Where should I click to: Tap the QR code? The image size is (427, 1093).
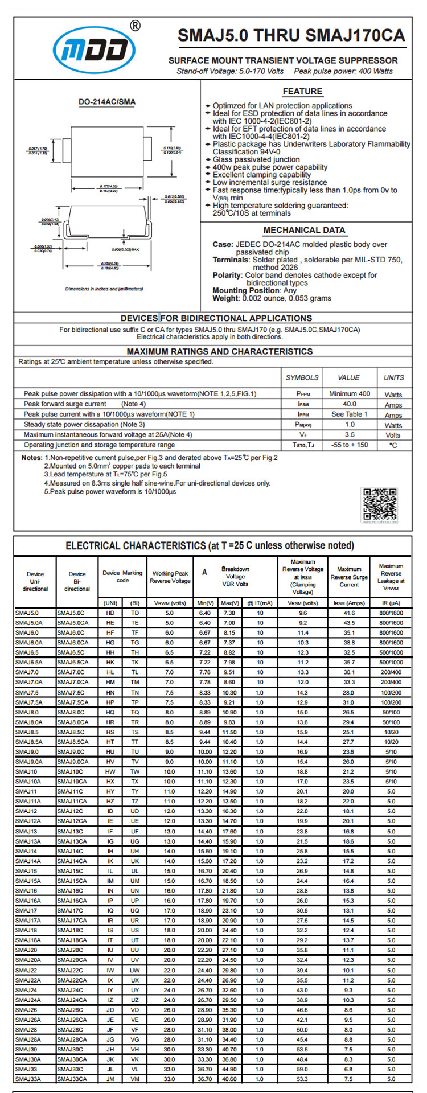tap(380, 504)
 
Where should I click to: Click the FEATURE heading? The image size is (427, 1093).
tap(302, 91)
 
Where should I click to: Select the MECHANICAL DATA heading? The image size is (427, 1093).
tap(304, 230)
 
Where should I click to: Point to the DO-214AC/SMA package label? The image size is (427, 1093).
tap(107, 102)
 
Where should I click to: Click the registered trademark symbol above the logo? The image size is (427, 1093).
tap(135, 26)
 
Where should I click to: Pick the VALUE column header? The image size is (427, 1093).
tap(348, 377)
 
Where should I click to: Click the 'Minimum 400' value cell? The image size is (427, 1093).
tap(349, 393)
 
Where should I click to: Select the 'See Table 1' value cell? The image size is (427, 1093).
tap(349, 414)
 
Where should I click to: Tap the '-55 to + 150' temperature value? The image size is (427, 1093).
tap(349, 445)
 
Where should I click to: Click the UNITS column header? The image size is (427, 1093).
tap(393, 377)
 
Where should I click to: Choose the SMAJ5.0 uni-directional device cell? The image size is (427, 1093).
tap(27, 613)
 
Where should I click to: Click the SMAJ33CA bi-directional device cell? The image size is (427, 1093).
tap(72, 1079)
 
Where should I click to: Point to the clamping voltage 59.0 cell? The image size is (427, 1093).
tap(302, 1069)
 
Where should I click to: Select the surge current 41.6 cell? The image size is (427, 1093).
tap(348, 613)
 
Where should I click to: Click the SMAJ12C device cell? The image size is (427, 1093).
tap(70, 811)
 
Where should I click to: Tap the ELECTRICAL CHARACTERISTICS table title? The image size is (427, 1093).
tap(210, 545)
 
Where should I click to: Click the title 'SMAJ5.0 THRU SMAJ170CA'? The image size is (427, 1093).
tap(291, 36)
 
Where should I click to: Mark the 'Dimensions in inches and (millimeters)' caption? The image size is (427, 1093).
tap(104, 289)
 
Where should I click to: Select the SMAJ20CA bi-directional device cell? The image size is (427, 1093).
tap(72, 960)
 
